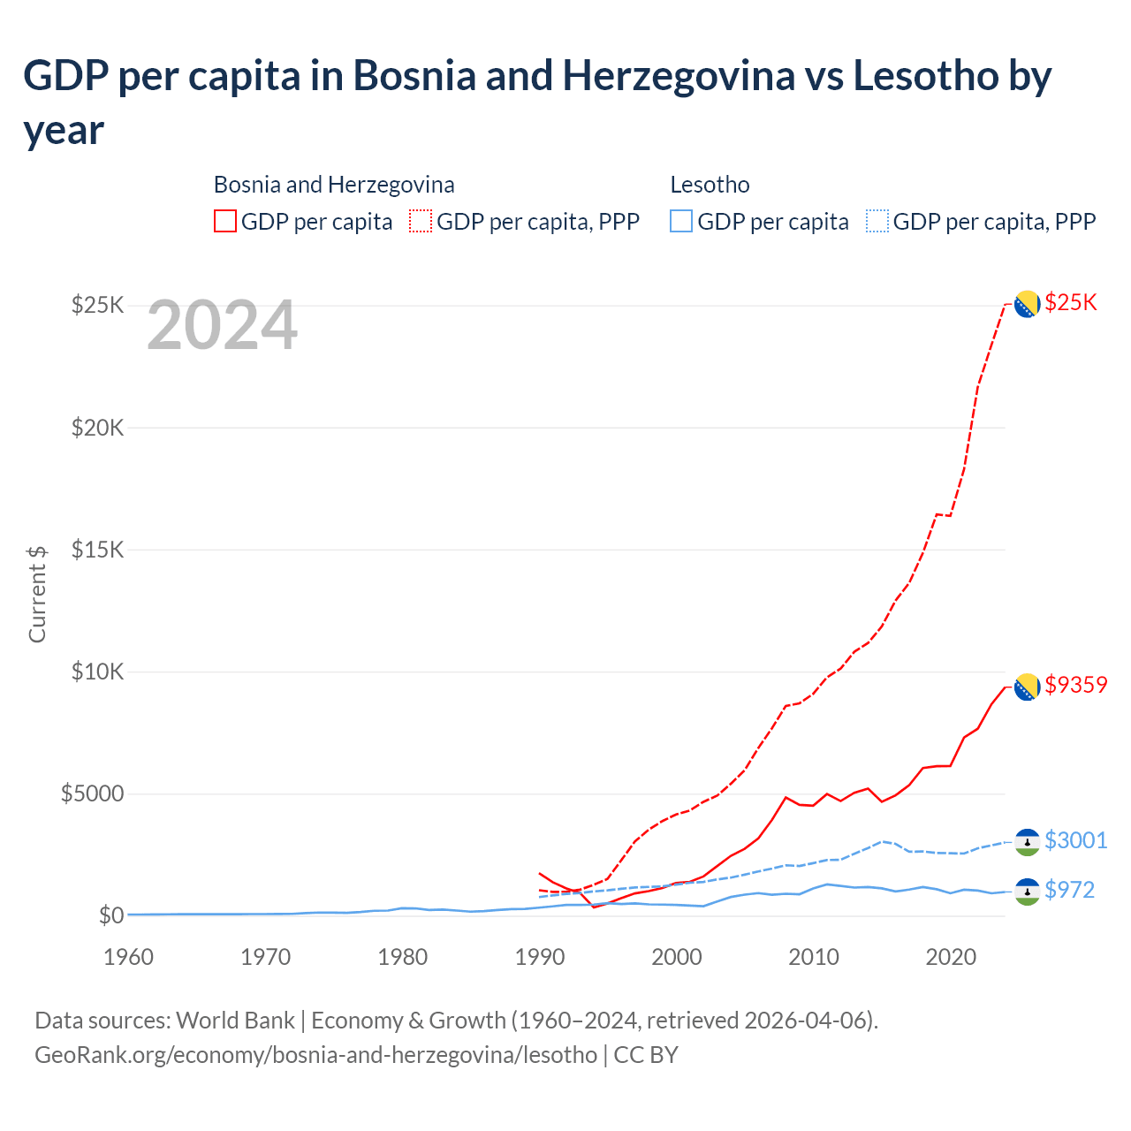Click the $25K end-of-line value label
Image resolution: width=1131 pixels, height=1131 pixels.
coord(1070,303)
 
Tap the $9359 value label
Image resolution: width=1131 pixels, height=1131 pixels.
coord(1075,685)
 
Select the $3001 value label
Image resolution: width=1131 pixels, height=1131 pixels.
coord(1075,840)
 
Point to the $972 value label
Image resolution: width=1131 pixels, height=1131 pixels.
coord(1069,890)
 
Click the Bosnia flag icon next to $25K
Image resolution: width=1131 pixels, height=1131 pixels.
coord(1026,304)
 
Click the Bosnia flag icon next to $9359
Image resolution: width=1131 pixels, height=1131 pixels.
coord(1026,686)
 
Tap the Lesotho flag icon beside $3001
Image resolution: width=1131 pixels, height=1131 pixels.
coord(1026,841)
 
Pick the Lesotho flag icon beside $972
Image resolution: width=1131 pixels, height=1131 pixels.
coord(1026,891)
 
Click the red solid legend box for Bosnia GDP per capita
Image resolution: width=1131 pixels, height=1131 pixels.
coord(225,222)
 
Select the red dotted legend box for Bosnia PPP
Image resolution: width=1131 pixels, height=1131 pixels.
coord(421,222)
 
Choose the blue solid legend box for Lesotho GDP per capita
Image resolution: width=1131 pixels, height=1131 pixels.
coord(681,222)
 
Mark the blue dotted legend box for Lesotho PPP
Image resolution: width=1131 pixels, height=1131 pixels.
coord(877,222)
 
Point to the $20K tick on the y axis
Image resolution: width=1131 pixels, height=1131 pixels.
coord(98,428)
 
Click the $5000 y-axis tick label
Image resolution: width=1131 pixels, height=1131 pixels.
coord(92,793)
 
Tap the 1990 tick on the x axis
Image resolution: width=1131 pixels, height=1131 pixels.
coord(539,957)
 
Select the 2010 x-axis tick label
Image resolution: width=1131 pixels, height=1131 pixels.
coord(813,957)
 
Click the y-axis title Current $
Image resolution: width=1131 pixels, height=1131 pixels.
coord(37,594)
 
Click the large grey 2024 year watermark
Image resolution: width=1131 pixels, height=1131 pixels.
coord(222,326)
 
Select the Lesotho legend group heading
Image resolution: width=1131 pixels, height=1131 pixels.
coord(710,185)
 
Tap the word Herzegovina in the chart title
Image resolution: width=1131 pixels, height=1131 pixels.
coord(679,76)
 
